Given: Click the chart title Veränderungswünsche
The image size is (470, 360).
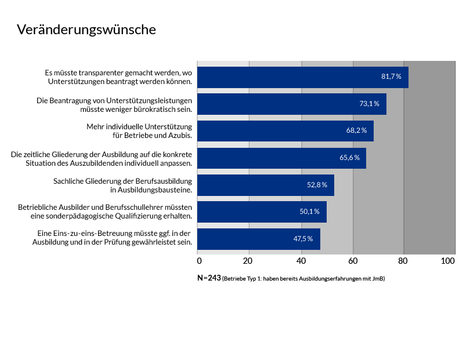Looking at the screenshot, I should click(86, 30).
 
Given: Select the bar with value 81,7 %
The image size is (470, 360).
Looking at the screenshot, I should click(302, 77).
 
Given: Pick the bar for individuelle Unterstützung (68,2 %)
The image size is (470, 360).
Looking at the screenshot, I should click(284, 130).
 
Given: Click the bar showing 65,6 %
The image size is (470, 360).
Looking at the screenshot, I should click(281, 158).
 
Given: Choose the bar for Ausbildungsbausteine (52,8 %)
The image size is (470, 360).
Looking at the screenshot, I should click(265, 185).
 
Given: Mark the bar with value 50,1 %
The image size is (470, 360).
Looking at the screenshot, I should click(261, 212).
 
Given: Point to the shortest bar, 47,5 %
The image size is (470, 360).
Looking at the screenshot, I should click(258, 239).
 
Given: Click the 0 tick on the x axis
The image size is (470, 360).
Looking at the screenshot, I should click(198, 261).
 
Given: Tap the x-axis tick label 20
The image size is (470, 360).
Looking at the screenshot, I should click(249, 261).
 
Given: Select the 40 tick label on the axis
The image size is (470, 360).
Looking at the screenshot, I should click(301, 261).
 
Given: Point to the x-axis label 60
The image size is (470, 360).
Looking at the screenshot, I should click(352, 261).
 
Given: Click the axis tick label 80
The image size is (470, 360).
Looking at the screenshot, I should click(404, 261).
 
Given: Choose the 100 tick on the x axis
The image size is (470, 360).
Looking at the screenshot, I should click(448, 261).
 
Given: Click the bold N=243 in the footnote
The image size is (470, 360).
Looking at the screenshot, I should click(209, 278).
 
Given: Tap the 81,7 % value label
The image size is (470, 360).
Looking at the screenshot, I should click(391, 77).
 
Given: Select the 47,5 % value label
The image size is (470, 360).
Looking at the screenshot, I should click(303, 239).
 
